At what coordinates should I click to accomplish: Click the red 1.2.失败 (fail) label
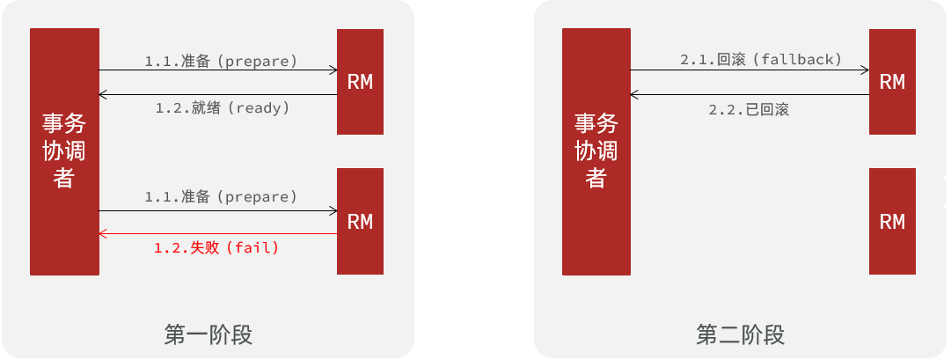click(216, 248)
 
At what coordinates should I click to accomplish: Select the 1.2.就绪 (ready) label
click(223, 107)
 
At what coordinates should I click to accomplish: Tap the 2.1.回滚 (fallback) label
click(761, 60)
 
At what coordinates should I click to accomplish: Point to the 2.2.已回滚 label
click(749, 110)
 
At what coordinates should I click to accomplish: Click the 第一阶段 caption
click(208, 335)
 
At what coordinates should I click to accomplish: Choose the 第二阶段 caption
click(740, 335)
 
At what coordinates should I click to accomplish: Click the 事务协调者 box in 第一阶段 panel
click(64, 151)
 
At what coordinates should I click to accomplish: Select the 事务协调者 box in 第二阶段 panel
click(596, 151)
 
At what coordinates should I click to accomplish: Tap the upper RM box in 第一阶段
click(360, 82)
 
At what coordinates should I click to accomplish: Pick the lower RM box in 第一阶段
click(360, 221)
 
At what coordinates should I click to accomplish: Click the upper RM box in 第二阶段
click(892, 82)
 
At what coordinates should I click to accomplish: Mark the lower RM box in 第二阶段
click(892, 221)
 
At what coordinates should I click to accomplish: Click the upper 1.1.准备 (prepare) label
click(221, 61)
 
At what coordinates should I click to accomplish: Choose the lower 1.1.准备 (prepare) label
click(221, 196)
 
